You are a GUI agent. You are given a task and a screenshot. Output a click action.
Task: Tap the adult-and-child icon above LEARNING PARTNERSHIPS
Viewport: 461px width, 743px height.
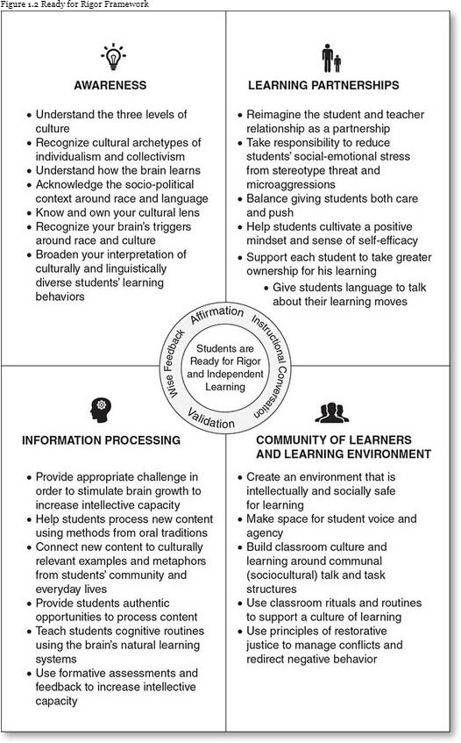coord(330,59)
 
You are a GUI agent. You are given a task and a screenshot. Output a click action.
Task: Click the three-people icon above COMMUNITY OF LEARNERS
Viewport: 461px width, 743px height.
coord(331,411)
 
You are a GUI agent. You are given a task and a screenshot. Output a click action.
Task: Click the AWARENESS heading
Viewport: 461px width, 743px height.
coord(110,86)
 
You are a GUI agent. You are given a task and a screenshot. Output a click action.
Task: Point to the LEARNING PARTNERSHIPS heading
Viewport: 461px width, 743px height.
coord(323,86)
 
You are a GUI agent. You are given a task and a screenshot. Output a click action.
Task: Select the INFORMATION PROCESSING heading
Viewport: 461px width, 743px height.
coord(101,439)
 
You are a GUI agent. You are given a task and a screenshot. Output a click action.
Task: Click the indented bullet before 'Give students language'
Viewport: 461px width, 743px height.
coord(266,287)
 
